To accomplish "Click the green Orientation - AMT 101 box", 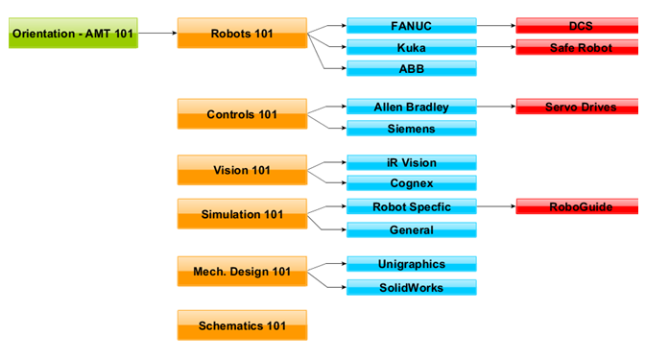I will coord(73,34).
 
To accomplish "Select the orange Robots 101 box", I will coord(242,34).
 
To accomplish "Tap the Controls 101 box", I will coord(242,114).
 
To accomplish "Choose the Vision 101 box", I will coord(242,170).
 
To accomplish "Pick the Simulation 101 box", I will coord(242,214).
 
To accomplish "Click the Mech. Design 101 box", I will coord(242,272).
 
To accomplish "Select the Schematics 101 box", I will coord(242,325).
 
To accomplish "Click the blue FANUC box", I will coord(411,26).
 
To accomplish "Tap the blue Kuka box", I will coord(411,47).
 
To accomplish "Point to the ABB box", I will coord(411,69).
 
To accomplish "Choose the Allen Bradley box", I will coord(411,108).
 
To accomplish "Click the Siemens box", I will coord(411,129).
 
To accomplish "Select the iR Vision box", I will coord(411,163).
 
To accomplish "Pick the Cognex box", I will coord(411,183).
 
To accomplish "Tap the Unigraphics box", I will coord(411,264).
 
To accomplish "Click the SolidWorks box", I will coord(411,288).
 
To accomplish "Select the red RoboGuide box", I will coord(580,206).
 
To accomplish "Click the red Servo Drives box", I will coord(580,108).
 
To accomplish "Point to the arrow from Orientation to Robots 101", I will coord(157,34).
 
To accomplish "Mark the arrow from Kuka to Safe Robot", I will coord(495,47).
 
